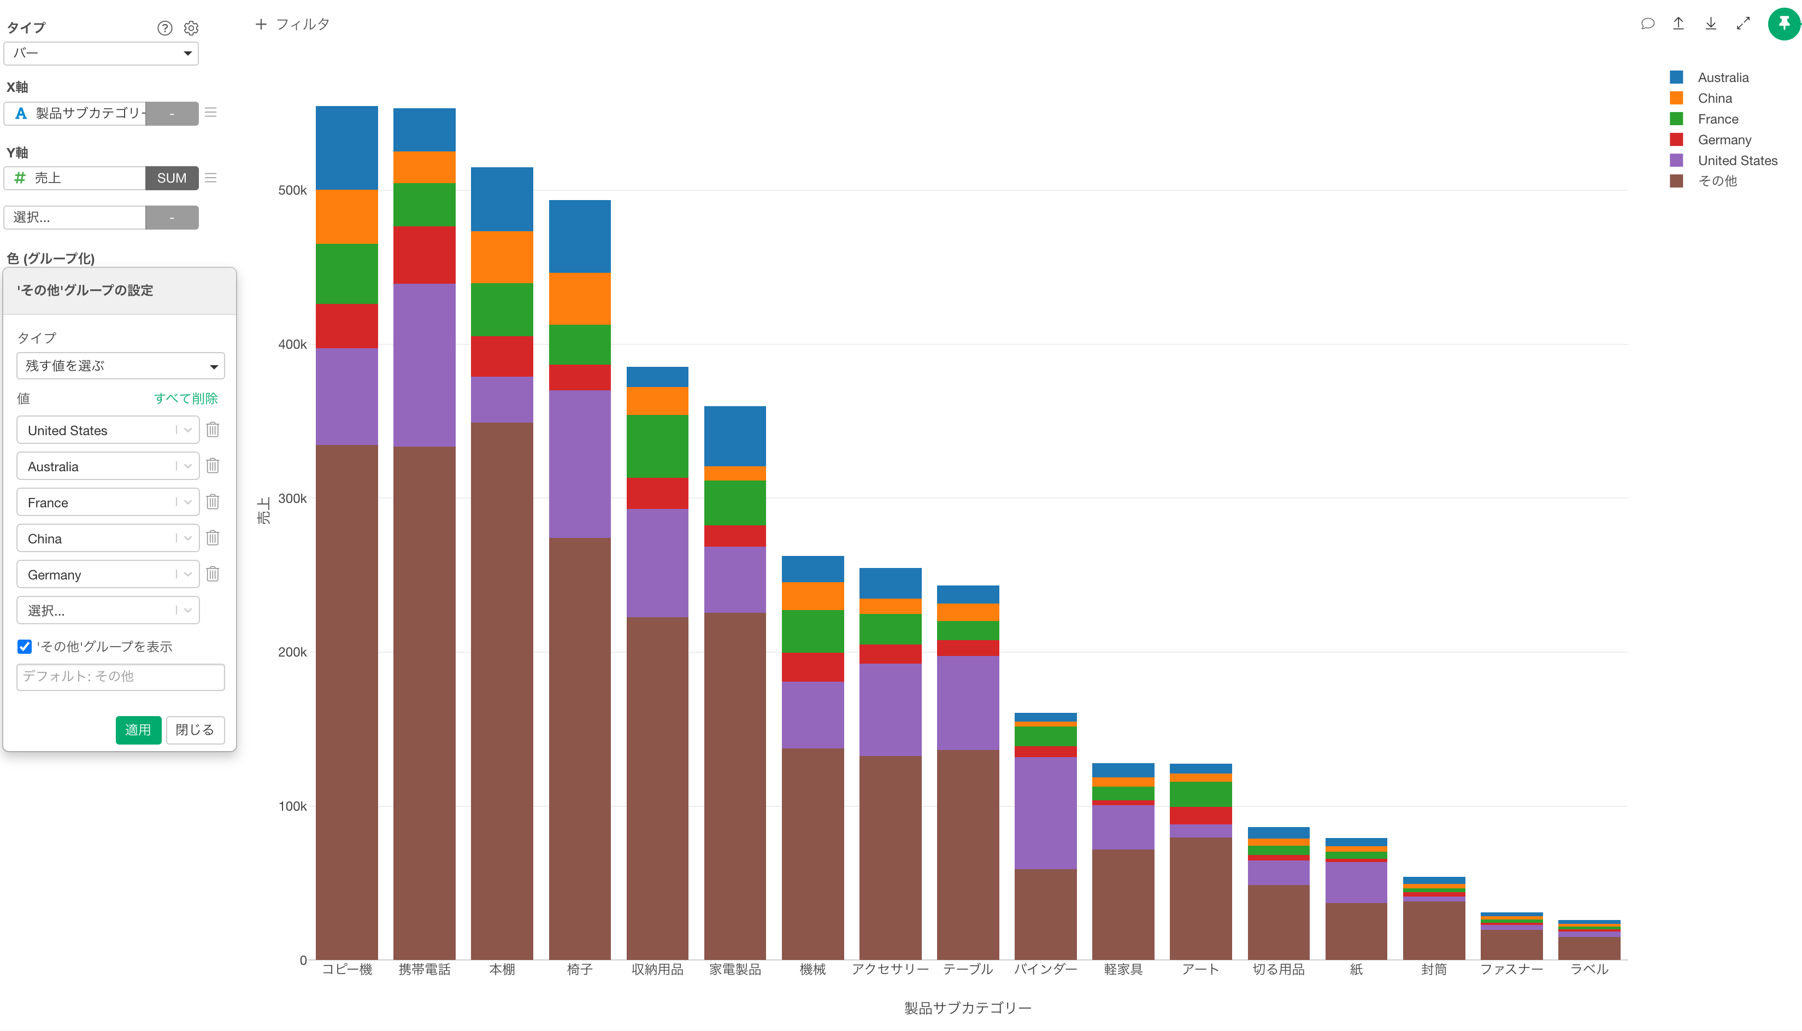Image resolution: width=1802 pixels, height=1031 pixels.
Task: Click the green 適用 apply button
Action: click(x=138, y=729)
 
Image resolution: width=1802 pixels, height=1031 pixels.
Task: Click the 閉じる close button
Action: click(x=195, y=729)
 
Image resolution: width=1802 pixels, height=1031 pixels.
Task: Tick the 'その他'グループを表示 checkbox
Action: click(x=25, y=647)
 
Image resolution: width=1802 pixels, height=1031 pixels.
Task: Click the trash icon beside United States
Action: click(x=213, y=429)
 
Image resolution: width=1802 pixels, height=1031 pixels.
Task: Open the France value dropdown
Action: click(x=187, y=502)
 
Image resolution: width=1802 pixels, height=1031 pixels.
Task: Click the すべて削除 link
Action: click(x=185, y=398)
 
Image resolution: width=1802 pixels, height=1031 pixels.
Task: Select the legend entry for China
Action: click(x=1714, y=98)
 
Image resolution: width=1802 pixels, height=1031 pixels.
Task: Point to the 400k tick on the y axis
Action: click(x=292, y=344)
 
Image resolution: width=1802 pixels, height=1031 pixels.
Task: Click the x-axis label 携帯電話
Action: click(x=424, y=969)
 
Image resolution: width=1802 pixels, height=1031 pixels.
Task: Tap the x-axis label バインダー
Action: click(x=1045, y=969)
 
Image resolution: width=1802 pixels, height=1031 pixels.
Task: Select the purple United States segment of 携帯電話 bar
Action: click(x=424, y=365)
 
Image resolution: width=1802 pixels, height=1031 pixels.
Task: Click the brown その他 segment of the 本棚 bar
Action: click(x=502, y=690)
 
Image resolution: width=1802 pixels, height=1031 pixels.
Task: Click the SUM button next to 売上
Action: click(x=171, y=178)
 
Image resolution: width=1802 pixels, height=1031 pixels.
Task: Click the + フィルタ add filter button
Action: click(x=292, y=24)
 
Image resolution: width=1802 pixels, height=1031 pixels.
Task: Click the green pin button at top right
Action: click(x=1783, y=24)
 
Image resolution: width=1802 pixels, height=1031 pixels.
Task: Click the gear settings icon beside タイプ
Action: click(x=191, y=28)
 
